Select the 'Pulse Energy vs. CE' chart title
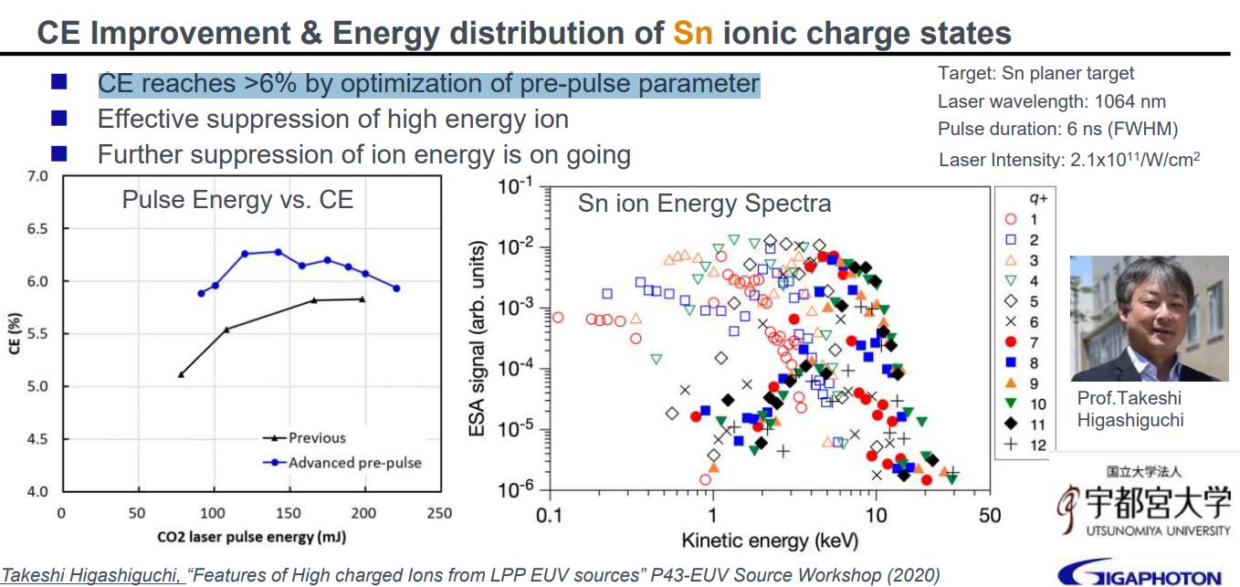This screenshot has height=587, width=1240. (x=237, y=199)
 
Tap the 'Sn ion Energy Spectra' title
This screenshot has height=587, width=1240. (x=704, y=203)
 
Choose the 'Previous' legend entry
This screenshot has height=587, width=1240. (x=317, y=437)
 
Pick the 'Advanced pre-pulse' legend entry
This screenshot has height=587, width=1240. (x=354, y=462)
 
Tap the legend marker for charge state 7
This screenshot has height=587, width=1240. (x=1010, y=342)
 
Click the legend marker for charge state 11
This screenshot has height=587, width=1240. (x=1010, y=425)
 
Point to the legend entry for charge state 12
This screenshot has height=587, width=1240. (x=1023, y=445)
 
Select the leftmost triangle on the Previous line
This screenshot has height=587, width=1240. (x=181, y=374)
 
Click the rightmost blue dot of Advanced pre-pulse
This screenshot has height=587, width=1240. (x=396, y=288)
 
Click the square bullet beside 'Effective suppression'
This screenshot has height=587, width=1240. (x=59, y=119)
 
